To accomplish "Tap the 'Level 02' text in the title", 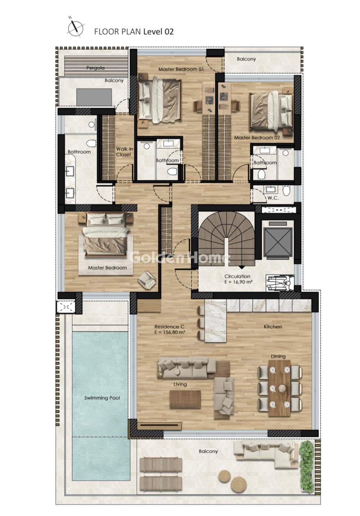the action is (x=158, y=32).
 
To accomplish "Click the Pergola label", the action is (x=95, y=68).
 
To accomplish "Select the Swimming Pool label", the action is (x=102, y=398).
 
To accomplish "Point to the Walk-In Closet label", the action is (x=124, y=152).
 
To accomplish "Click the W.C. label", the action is (x=273, y=198).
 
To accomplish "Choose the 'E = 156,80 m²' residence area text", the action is (x=170, y=332).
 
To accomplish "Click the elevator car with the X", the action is (x=278, y=242).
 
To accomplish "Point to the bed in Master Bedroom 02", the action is (x=271, y=112).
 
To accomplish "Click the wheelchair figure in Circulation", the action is (x=280, y=283).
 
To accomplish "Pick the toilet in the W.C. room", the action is (x=286, y=191).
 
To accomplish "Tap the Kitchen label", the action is (x=273, y=327).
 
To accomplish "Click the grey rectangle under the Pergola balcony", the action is (x=94, y=97).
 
